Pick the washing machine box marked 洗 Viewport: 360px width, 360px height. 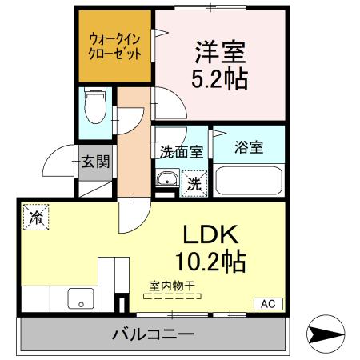coord(194,183)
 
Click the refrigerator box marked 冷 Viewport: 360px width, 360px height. coord(37,216)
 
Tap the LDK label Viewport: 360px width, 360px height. coord(212,234)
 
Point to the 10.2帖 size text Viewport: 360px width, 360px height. coord(210,261)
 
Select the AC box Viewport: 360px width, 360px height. coord(266,303)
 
